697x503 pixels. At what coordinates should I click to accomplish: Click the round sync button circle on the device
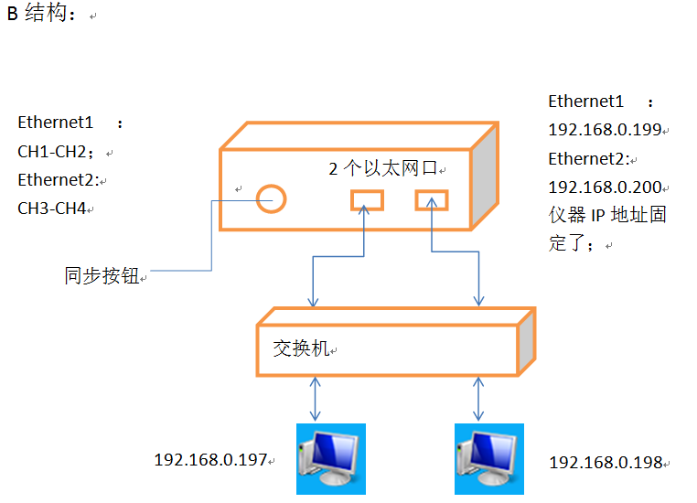pos(271,197)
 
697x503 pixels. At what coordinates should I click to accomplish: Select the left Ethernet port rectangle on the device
pos(368,198)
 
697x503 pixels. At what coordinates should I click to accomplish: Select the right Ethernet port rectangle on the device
pos(431,198)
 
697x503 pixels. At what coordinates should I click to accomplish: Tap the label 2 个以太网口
pos(384,169)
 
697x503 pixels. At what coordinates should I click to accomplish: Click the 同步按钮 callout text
pos(102,275)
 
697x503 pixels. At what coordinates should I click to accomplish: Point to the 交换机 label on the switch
pos(300,348)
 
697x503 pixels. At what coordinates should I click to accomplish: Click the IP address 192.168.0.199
pos(605,130)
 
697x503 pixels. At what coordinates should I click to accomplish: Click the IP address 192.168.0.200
pos(605,187)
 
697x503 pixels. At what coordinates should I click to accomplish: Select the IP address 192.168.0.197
pos(210,459)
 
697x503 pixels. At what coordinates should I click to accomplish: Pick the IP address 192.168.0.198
pos(605,463)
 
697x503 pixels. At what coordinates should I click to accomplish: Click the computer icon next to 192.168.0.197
pos(330,458)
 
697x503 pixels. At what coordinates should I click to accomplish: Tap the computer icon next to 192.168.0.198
pos(489,458)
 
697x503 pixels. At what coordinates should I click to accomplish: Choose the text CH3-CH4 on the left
pos(52,209)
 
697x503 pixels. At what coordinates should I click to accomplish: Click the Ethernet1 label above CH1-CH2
pos(56,123)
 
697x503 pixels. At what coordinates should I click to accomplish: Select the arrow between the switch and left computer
pos(316,399)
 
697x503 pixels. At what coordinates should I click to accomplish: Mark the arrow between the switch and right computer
pos(477,399)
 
